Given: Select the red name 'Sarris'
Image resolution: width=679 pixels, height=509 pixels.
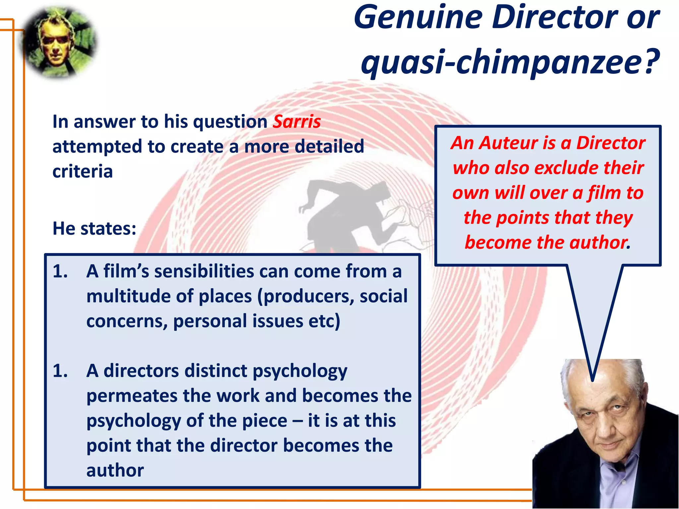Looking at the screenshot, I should coord(296,122).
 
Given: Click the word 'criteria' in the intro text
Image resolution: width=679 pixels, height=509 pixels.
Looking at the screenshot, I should coord(83,171).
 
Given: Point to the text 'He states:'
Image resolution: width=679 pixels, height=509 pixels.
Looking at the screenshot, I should coord(94,228).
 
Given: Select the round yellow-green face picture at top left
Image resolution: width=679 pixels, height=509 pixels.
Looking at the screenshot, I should coord(60,43).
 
